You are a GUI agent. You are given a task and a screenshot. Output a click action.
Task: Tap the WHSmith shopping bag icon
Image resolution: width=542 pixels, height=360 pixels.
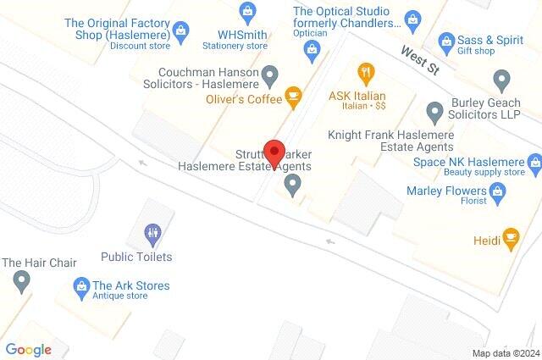[247, 11]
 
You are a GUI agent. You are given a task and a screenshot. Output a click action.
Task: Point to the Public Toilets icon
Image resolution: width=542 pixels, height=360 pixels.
[152, 231]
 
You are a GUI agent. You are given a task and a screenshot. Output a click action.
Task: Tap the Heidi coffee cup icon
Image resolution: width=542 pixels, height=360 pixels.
[510, 239]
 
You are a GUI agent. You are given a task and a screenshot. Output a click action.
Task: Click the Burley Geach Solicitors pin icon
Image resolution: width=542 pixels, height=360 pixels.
[501, 80]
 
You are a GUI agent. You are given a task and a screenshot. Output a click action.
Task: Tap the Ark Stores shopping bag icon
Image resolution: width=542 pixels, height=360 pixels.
[81, 285]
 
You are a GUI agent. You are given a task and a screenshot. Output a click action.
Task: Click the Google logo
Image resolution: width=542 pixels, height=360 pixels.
[28, 349]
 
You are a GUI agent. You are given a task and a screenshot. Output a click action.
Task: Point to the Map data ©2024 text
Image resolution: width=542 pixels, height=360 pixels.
[506, 353]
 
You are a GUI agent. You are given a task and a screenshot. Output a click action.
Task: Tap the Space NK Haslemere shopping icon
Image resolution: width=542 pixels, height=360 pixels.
[534, 161]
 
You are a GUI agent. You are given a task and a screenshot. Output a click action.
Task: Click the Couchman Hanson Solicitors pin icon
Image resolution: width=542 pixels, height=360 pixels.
[270, 78]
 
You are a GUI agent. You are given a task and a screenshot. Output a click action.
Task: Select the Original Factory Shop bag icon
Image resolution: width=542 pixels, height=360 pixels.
[180, 31]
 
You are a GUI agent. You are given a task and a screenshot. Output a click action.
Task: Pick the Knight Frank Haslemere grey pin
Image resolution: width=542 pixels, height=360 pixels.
[434, 110]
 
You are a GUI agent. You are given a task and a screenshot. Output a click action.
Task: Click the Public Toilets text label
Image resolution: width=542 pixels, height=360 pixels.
[135, 257]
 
